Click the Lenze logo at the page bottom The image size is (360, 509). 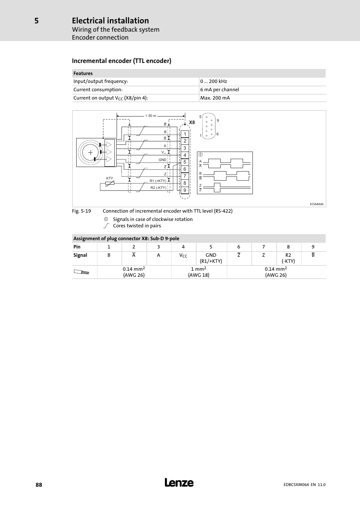pos(179,483)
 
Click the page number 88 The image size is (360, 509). pos(39,485)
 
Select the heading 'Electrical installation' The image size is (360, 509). pos(110,21)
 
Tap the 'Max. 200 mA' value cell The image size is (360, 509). pos(215,98)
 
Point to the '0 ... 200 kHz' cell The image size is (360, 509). pos(214,81)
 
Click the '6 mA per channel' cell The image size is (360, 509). pos(220,90)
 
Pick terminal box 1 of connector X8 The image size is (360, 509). pos(185,134)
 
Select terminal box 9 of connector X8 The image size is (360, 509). pos(185,190)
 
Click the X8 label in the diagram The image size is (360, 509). pos(192,123)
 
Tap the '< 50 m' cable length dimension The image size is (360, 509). pos(151,116)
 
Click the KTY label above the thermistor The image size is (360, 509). pos(109,178)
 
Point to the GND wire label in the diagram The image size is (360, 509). pos(162,160)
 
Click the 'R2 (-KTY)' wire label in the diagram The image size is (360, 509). pos(158,188)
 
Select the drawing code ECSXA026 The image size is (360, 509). pos(317,204)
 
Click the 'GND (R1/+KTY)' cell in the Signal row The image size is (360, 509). pos(211,258)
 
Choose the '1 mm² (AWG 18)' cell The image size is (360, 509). pos(199,272)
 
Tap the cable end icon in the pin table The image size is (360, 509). pos(82,272)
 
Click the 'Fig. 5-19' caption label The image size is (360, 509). pos(82,211)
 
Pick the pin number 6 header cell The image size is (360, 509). pos(238,247)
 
